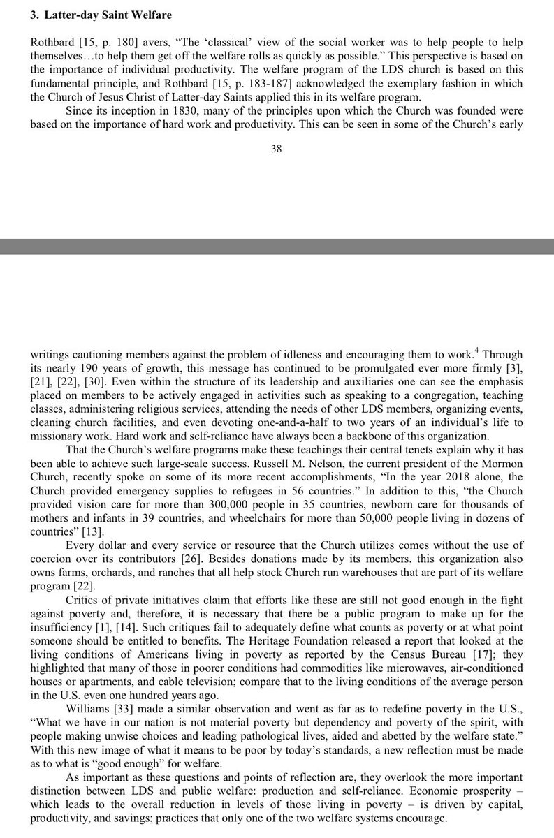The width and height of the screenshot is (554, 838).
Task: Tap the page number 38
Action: tap(276, 149)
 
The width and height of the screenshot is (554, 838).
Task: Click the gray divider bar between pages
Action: tap(277, 247)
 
